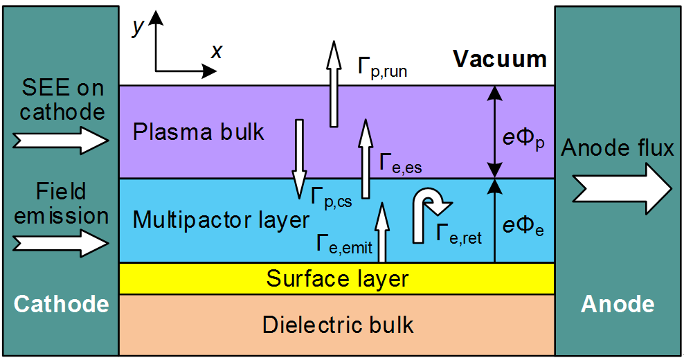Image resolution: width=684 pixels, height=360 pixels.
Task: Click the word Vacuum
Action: pos(500,59)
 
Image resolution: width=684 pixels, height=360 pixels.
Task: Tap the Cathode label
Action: pos(62,304)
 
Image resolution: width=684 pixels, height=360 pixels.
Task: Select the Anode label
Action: pos(618,304)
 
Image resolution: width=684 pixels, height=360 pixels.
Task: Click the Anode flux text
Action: pos(618,148)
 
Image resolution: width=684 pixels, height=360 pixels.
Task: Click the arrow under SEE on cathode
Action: pos(62,141)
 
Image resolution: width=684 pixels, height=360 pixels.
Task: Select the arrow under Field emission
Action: pos(62,243)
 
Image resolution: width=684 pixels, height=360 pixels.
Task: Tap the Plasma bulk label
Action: pos(199,132)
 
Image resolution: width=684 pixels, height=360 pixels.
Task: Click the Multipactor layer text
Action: pos(220,220)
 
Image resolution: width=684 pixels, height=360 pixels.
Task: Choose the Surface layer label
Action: pos(337,279)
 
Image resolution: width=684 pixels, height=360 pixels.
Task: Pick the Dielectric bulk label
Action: pos(337,324)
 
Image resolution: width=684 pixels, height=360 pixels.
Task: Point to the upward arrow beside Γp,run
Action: pos(334,84)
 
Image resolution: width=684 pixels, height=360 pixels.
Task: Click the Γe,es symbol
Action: pos(401,163)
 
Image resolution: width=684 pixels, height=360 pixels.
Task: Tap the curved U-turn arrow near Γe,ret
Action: pos(428,215)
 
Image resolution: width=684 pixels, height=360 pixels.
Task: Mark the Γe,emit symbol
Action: pos(343,244)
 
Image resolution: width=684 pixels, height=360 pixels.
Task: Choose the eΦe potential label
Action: pos(524,226)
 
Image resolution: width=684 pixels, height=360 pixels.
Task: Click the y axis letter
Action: pos(138,27)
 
